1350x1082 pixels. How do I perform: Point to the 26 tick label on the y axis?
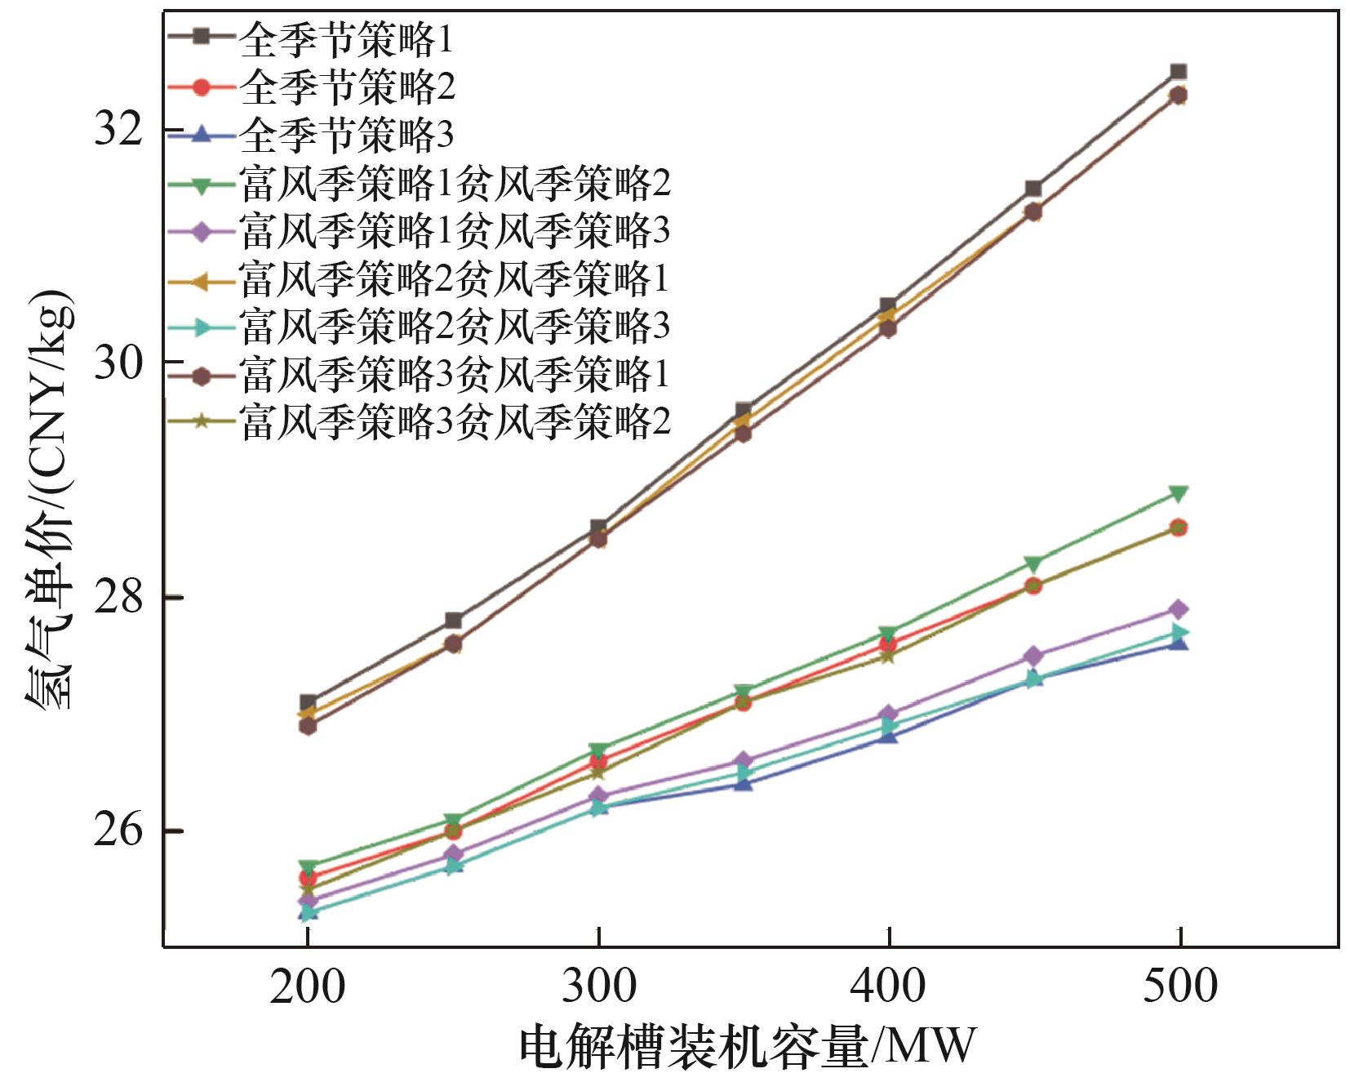pyautogui.click(x=119, y=830)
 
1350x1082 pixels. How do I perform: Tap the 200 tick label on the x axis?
pyautogui.click(x=307, y=986)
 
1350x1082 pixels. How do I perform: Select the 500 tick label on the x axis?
pyautogui.click(x=1179, y=986)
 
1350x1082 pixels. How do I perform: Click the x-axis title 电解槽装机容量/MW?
pyautogui.click(x=748, y=1047)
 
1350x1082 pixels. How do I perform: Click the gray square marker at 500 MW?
pyautogui.click(x=1179, y=72)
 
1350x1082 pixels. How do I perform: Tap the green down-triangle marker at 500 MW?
pyautogui.click(x=1179, y=493)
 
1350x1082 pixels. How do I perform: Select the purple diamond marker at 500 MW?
pyautogui.click(x=1179, y=609)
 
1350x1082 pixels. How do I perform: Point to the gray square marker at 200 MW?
pyautogui.click(x=308, y=702)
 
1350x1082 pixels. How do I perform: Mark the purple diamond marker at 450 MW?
pyautogui.click(x=1033, y=657)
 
